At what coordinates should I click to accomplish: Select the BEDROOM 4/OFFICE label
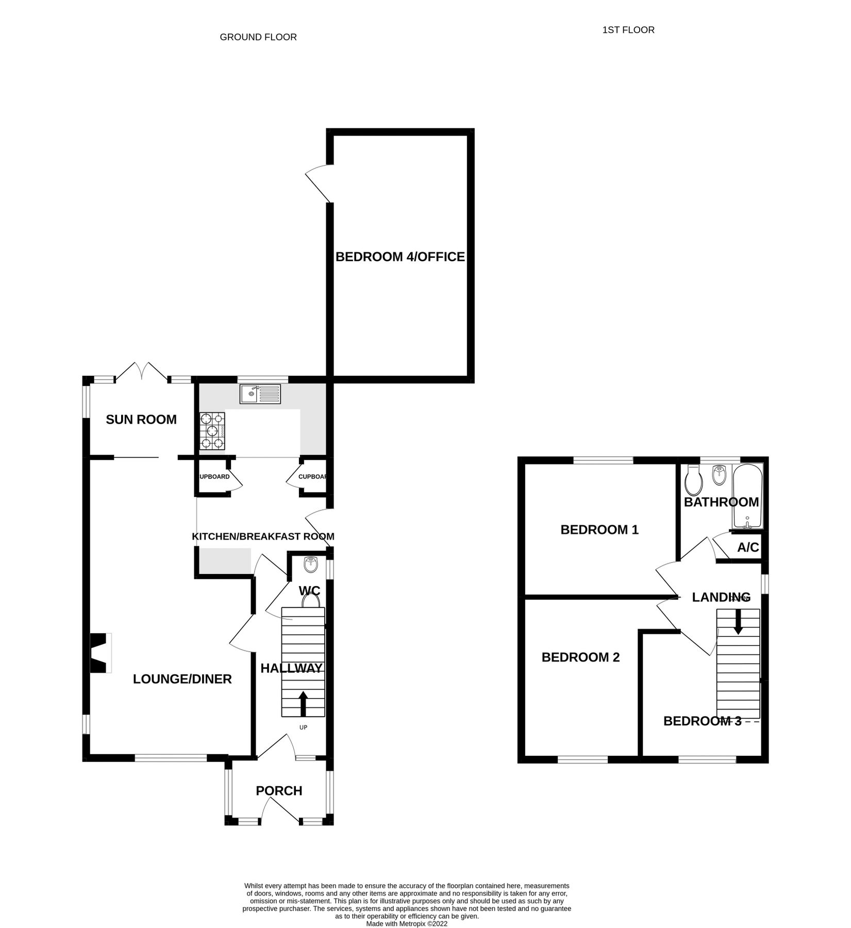[x=400, y=257]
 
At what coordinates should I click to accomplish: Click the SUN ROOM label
[x=141, y=420]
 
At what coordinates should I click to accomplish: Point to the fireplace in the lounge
[x=100, y=653]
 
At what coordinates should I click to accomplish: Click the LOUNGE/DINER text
[x=182, y=679]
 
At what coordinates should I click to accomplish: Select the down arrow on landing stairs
[x=738, y=622]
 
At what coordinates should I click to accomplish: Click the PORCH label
[x=279, y=790]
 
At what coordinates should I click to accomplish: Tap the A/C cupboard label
[x=748, y=548]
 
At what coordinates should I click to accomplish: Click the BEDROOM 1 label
[x=599, y=529]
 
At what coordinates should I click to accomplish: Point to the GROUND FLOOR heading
[x=258, y=37]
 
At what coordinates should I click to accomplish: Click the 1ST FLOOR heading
[x=628, y=30]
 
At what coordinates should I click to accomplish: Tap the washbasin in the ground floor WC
[x=311, y=566]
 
